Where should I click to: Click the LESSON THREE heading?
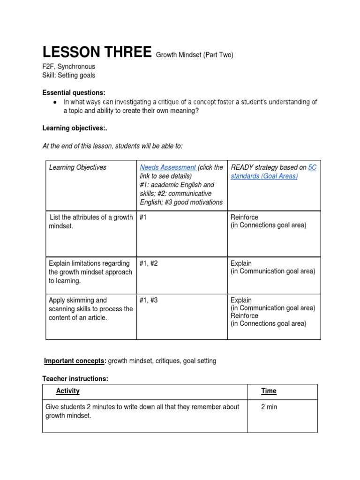[x=97, y=52]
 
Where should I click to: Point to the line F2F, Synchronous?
[x=68, y=67]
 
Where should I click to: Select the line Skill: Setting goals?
[x=68, y=75]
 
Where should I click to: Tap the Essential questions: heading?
[x=74, y=92]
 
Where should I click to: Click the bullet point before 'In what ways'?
[x=55, y=102]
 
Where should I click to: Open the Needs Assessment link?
[x=168, y=167]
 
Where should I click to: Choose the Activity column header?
[x=68, y=391]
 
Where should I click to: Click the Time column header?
[x=269, y=391]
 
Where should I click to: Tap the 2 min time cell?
[x=269, y=407]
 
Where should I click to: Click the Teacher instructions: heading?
[x=75, y=378]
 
